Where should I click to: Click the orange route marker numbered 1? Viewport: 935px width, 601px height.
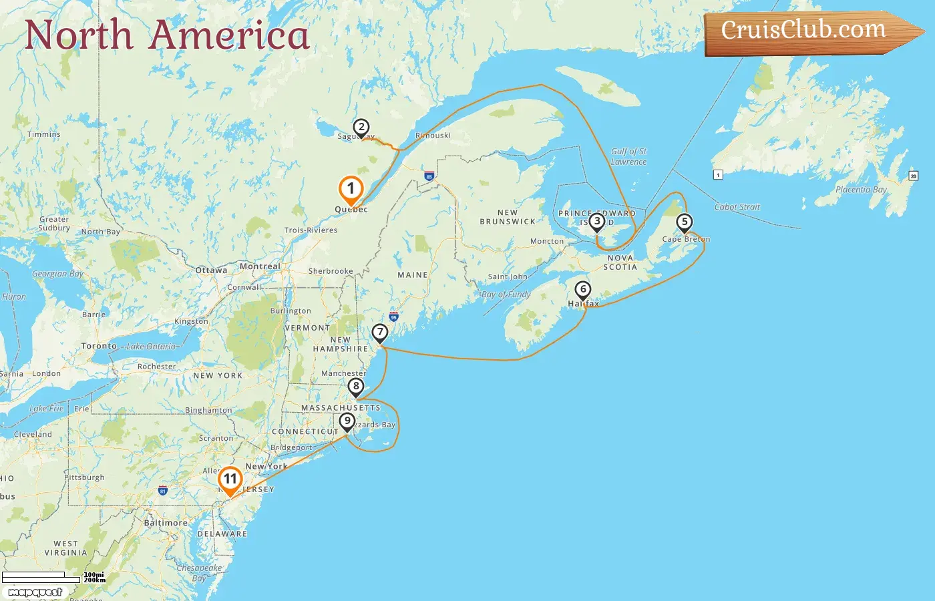[351, 189]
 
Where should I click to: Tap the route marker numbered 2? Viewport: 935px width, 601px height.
[361, 127]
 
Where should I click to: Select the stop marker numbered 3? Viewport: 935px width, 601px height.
[596, 221]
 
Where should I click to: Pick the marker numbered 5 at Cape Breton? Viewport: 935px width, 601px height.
[684, 222]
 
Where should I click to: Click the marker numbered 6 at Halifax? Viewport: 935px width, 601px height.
[583, 290]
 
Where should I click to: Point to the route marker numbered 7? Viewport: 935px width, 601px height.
[380, 332]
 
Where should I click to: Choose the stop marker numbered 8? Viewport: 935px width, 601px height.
[356, 386]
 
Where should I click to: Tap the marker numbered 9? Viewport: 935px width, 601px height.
[347, 421]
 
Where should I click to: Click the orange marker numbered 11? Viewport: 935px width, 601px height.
[230, 479]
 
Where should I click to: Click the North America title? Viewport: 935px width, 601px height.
[167, 35]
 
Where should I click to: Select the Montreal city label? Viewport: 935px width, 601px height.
[260, 266]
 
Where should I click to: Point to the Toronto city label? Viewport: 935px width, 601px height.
[99, 346]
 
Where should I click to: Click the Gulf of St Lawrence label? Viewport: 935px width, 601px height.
[628, 157]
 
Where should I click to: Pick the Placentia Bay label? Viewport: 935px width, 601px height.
[861, 190]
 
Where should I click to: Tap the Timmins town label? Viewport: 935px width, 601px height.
[44, 134]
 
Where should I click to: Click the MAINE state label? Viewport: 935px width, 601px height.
[413, 275]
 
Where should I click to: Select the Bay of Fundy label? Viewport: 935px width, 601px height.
[506, 294]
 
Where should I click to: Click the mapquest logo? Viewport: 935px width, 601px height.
[35, 592]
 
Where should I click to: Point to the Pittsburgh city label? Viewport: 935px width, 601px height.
[85, 477]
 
